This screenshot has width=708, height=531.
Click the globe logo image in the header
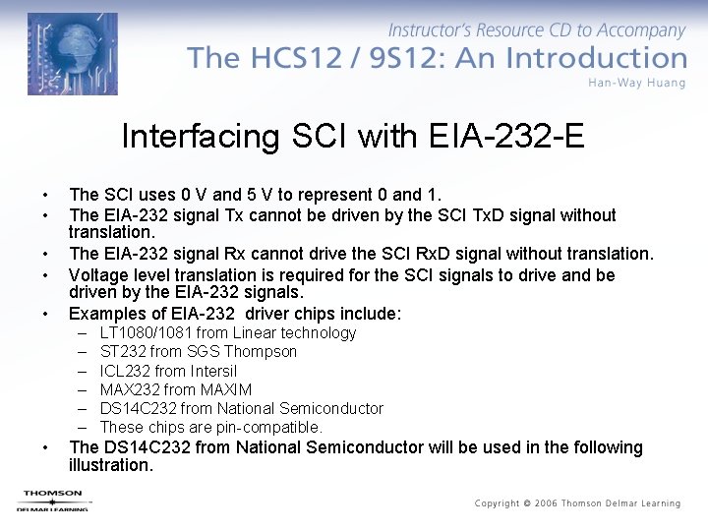point(72,53)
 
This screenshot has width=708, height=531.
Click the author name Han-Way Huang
point(636,83)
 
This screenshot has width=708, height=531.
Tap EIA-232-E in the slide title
point(507,136)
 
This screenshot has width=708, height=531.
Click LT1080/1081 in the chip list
point(147,332)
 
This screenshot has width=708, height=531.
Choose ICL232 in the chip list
point(125,371)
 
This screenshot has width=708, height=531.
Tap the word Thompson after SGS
point(261,351)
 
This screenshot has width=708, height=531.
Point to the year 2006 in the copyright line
point(546,503)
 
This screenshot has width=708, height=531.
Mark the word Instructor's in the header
point(434,31)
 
